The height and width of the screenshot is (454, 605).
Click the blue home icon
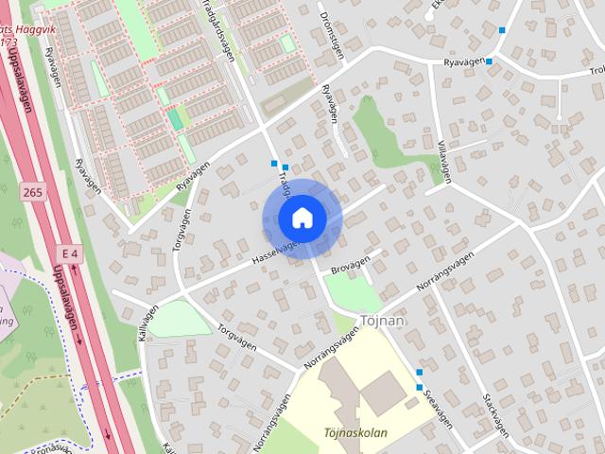(x=301, y=218)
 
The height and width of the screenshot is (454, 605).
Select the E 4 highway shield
(x=69, y=253)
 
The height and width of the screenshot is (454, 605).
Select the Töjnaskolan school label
(x=355, y=434)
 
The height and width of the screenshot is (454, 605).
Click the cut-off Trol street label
(x=596, y=70)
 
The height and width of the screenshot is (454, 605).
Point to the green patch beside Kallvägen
(x=180, y=320)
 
